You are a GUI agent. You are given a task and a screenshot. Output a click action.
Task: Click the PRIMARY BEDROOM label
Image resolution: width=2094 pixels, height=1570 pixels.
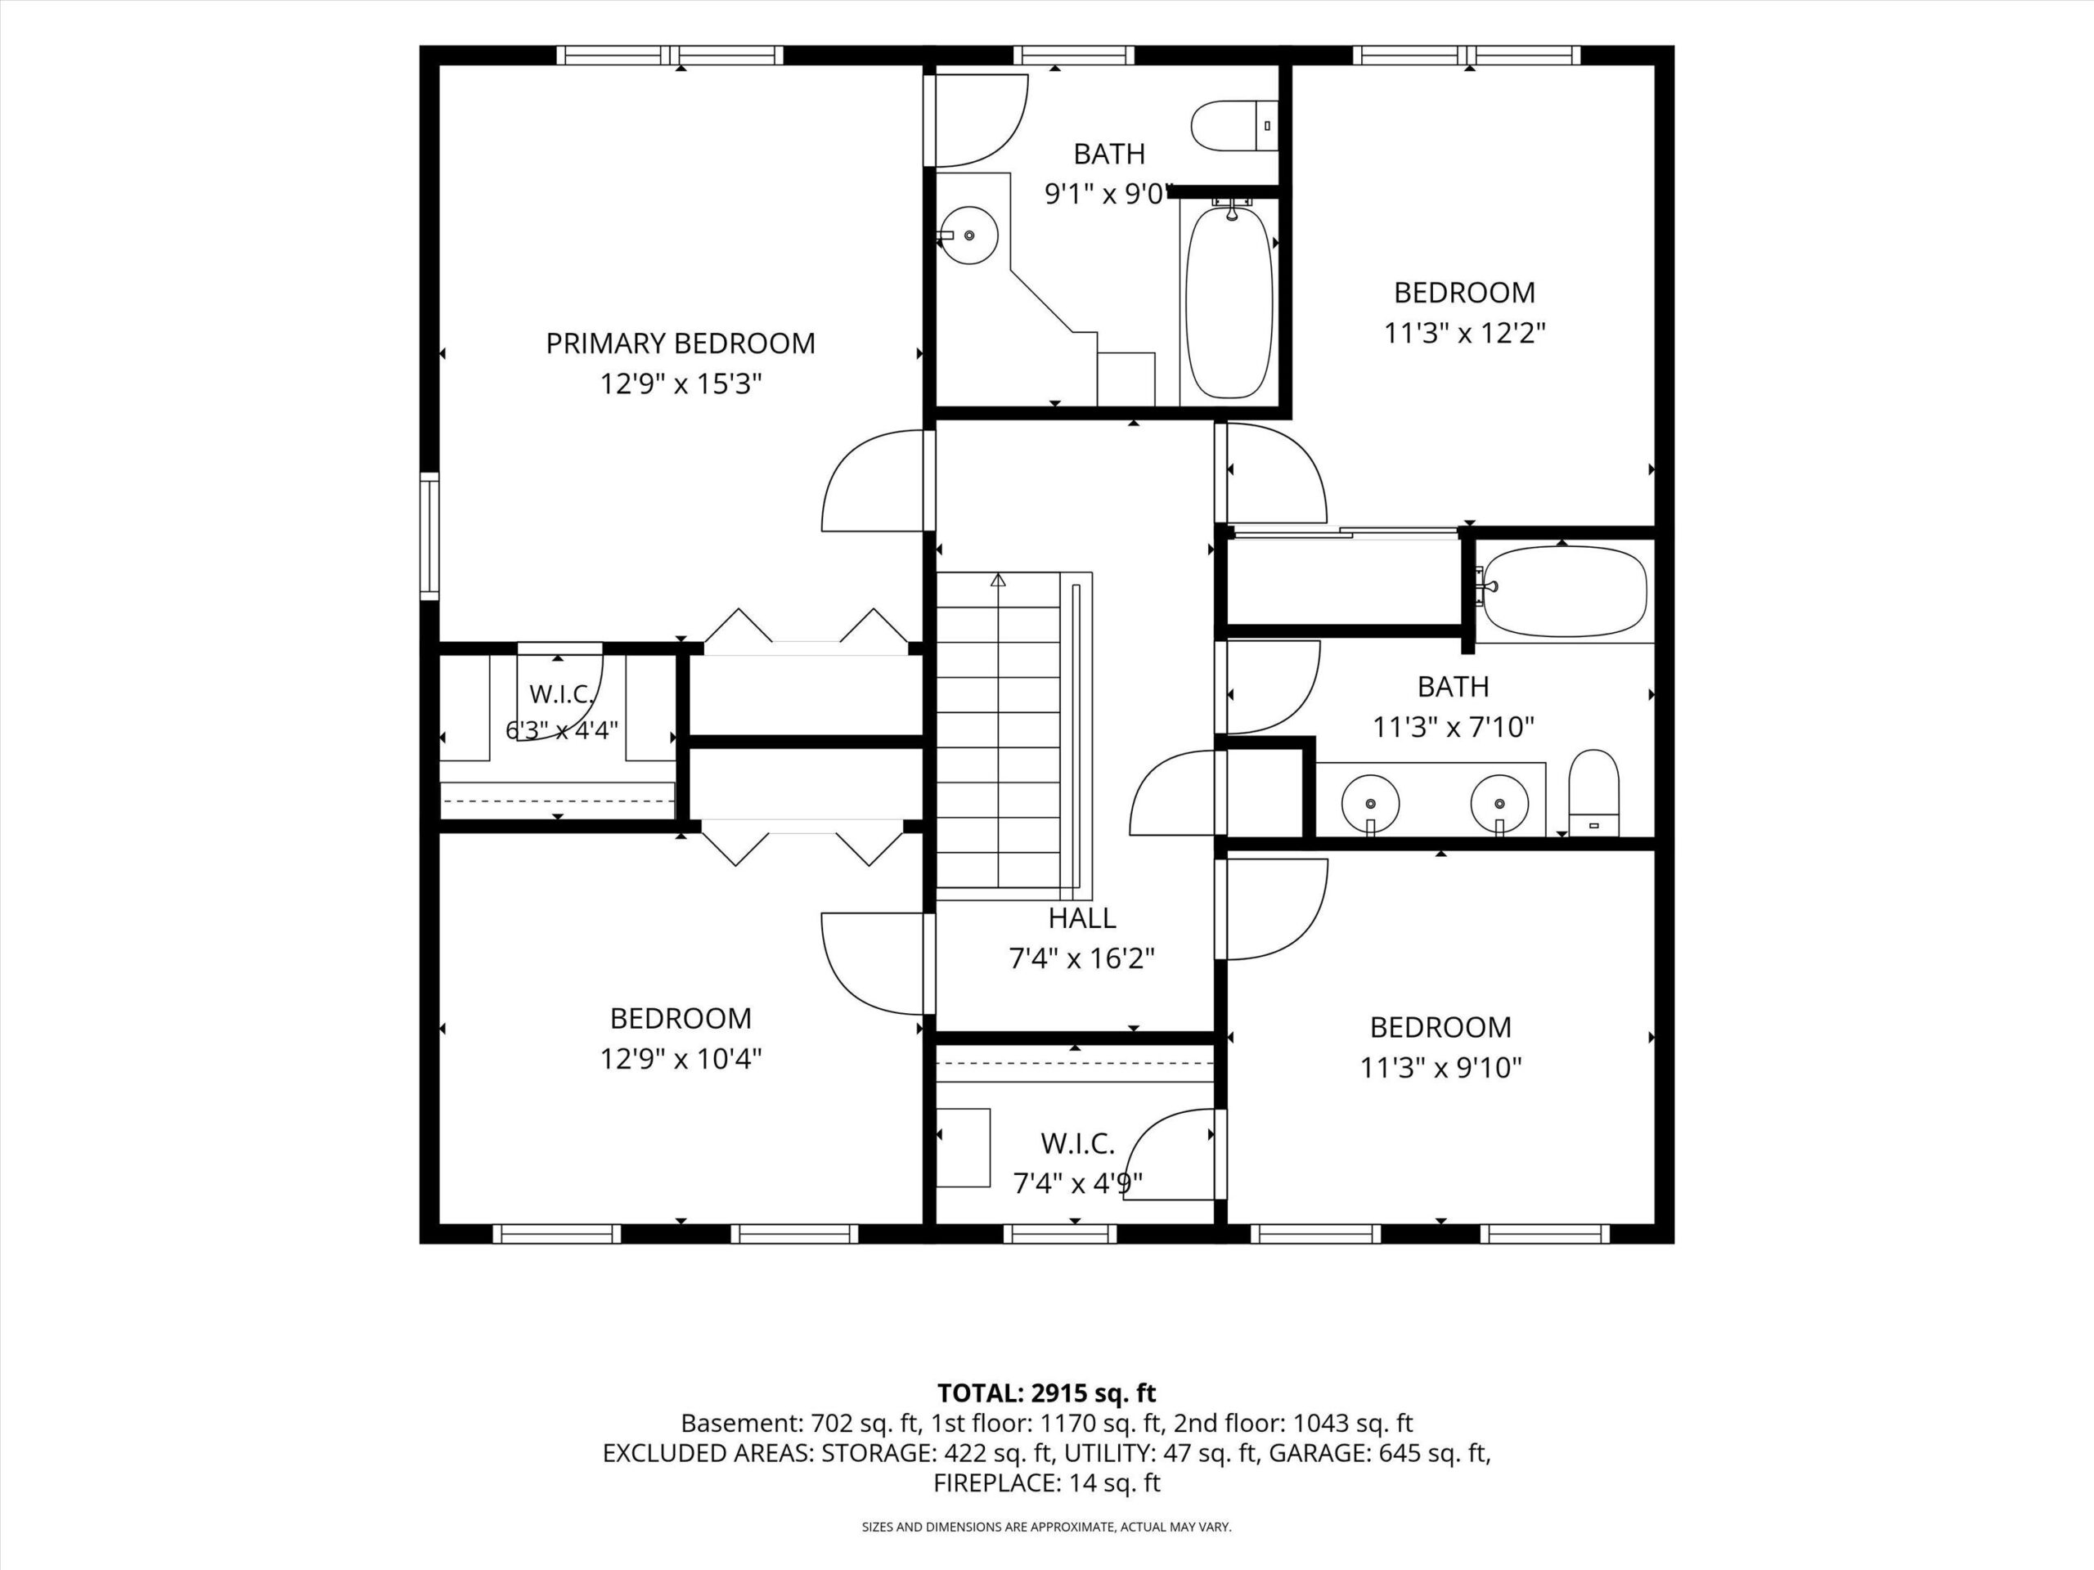coord(681,343)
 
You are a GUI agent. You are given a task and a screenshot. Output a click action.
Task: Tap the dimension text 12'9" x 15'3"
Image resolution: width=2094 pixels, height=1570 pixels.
coord(681,384)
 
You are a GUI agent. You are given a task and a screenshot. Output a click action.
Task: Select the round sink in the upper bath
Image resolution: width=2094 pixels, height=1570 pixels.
coord(969,236)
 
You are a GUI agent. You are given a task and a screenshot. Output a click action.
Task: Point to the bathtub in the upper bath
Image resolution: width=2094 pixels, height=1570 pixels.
coord(1229,300)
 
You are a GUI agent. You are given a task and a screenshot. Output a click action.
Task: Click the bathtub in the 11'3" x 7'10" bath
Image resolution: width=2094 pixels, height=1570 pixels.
coord(1565,591)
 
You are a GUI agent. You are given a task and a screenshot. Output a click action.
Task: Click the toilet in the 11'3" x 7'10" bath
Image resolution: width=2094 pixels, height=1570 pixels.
coord(1594,793)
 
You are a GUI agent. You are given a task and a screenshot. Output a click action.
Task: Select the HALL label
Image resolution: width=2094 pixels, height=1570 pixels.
coord(1082,918)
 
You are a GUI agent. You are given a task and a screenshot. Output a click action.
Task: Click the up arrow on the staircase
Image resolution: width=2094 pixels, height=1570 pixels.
coord(998,580)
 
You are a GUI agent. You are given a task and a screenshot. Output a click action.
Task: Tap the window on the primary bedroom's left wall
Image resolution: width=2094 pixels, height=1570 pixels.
coord(429,536)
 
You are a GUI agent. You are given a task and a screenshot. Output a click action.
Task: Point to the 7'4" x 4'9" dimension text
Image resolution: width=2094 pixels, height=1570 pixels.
coord(1078,1183)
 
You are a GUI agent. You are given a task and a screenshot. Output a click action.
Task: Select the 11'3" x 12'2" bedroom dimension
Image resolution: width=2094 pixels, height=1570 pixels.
coord(1464,333)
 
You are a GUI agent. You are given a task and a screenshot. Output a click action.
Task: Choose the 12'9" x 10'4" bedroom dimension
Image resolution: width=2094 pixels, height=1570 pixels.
coord(681,1058)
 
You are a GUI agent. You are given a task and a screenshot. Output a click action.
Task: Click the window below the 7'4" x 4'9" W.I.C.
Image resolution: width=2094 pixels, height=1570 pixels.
coord(1059,1234)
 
